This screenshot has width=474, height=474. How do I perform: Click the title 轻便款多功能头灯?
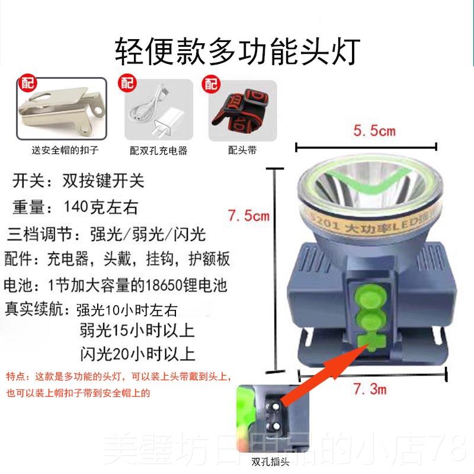236,51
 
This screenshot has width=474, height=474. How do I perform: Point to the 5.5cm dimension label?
374,130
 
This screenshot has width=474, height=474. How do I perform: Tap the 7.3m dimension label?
370,389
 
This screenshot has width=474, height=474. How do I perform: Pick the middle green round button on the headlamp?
369,321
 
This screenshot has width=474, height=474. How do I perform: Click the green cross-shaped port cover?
370,343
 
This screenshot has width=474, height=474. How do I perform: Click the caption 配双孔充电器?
158,150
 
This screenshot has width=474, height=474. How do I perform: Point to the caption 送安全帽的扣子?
61,150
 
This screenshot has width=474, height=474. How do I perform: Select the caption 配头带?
242,150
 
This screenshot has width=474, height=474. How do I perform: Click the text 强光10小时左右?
127,310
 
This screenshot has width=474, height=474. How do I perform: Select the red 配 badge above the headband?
210,82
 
